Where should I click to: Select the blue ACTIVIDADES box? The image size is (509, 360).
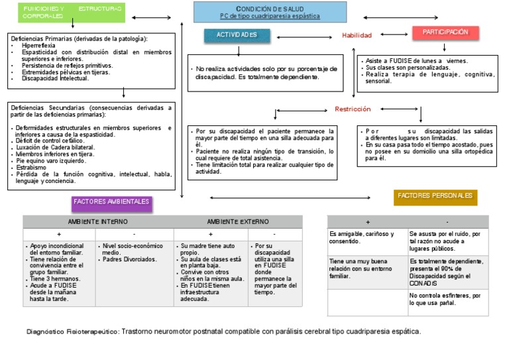click(x=237, y=34)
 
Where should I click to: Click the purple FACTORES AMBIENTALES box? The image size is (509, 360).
click(x=112, y=201)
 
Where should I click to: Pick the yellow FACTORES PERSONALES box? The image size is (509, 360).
click(x=435, y=196)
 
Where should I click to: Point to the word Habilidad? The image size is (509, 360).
click(x=357, y=35)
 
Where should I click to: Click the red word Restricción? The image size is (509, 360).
click(x=353, y=109)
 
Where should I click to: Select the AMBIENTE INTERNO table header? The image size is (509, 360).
click(x=98, y=221)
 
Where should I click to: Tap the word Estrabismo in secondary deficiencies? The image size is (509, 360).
click(x=32, y=168)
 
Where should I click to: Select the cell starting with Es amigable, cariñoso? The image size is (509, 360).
click(x=366, y=238)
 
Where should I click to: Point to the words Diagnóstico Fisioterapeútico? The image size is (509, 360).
click(x=72, y=331)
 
